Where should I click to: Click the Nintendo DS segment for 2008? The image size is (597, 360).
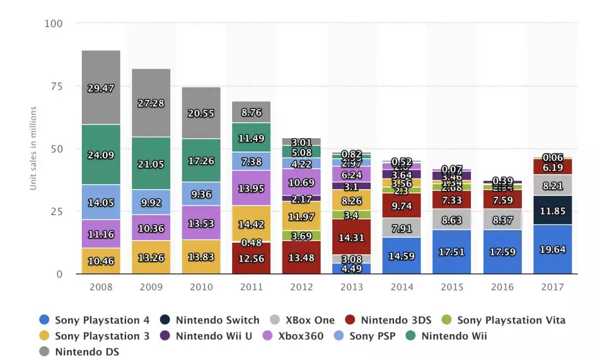click(101, 87)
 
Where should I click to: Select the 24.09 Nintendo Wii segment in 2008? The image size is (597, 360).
click(101, 155)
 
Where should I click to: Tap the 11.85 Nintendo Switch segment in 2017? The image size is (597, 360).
click(553, 210)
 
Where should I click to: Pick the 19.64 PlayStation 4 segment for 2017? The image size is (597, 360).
click(553, 249)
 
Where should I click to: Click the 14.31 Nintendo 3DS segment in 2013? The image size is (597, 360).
click(352, 237)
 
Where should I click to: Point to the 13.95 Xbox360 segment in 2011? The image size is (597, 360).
click(251, 188)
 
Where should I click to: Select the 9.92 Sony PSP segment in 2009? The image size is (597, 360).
click(151, 202)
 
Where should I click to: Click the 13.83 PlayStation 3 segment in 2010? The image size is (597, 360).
click(201, 257)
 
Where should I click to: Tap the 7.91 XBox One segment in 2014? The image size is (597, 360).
click(402, 227)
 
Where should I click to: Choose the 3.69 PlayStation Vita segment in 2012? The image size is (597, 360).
click(301, 236)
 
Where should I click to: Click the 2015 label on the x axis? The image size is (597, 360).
click(452, 287)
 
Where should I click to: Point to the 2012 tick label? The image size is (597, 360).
click(301, 287)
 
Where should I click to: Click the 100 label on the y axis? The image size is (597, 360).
click(53, 24)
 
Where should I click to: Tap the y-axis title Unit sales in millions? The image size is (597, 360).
click(33, 148)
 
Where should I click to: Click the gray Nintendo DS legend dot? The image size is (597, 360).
click(45, 352)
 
